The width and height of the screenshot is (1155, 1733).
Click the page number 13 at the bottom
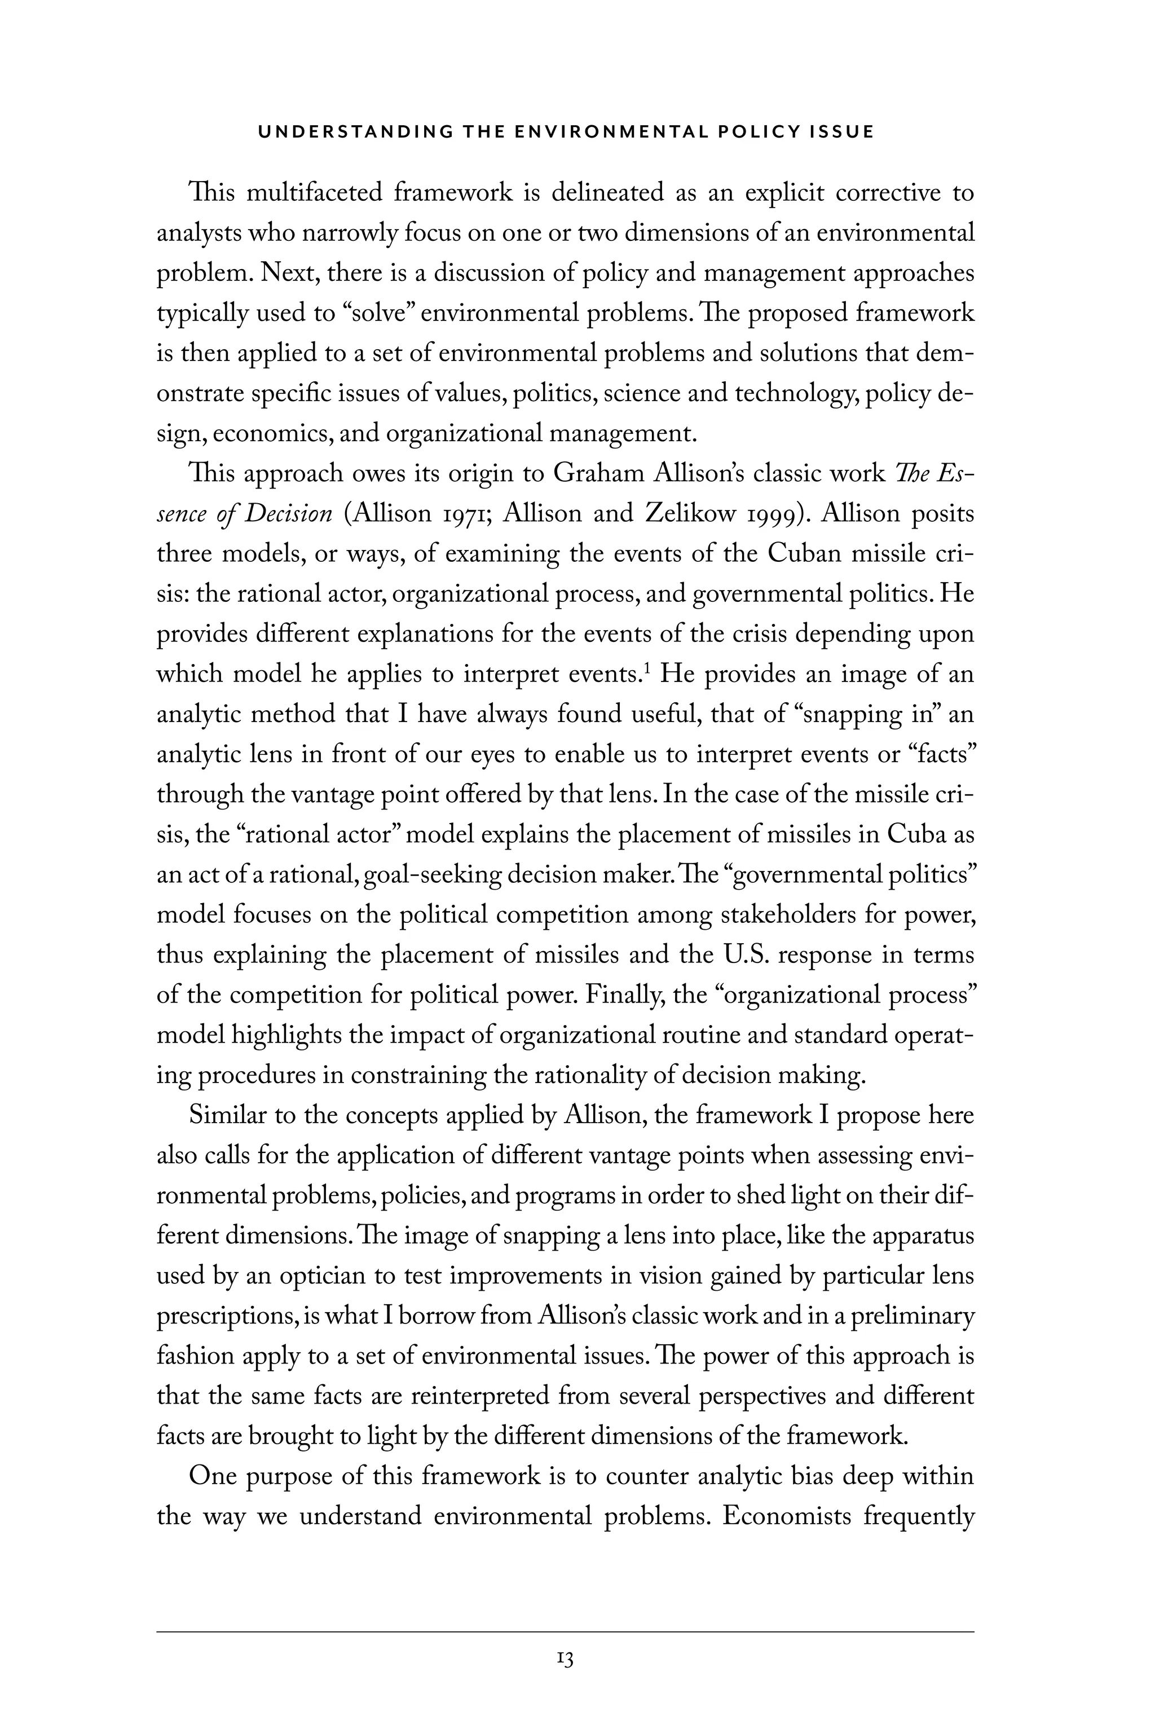click(x=565, y=1659)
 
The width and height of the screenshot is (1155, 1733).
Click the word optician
click(x=334, y=1275)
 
